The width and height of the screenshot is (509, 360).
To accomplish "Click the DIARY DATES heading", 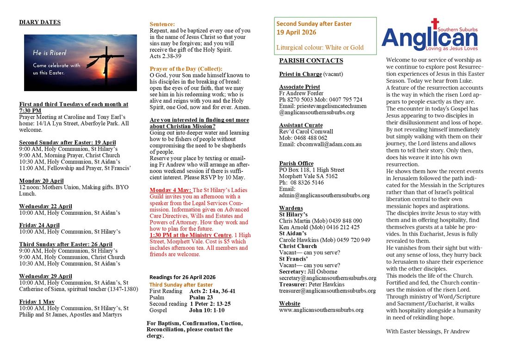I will (40, 22).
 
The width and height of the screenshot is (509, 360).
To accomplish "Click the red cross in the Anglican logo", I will (435, 24).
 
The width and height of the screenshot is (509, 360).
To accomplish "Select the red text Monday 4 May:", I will (170, 190).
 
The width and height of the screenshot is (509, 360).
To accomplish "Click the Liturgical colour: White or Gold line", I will (320, 47).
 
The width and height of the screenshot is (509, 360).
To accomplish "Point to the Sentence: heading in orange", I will (162, 24).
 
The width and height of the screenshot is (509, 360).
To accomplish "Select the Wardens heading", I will (291, 208).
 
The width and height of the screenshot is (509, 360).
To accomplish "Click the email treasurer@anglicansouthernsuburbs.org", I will (327, 291).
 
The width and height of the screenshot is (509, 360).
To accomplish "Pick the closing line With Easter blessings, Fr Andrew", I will (428, 331).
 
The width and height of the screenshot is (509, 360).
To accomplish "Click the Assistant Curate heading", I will (301, 125).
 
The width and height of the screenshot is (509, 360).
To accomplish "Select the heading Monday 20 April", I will (41, 180).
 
